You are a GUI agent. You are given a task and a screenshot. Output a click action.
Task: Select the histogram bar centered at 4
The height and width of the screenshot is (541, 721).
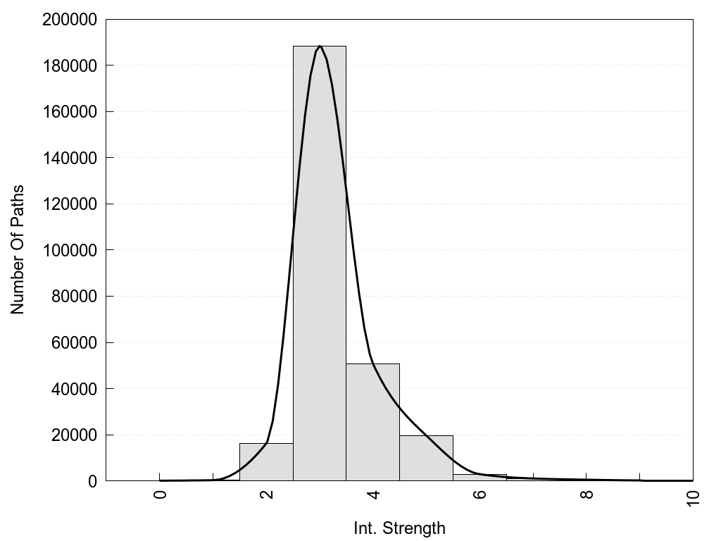click(372, 422)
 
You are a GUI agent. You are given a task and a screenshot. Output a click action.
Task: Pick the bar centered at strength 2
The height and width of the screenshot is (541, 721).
click(266, 462)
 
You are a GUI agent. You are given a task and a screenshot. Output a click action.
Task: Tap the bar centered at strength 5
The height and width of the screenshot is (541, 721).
click(426, 458)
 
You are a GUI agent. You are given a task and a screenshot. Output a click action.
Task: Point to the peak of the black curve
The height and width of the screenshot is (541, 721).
click(320, 46)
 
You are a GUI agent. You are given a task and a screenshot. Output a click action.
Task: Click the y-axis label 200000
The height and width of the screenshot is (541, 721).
click(70, 20)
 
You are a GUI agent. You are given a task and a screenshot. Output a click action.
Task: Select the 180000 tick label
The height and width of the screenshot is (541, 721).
click(70, 66)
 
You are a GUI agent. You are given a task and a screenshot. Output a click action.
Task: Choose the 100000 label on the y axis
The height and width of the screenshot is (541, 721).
click(70, 250)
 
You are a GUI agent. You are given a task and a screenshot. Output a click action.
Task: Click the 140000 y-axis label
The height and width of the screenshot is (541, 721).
click(70, 158)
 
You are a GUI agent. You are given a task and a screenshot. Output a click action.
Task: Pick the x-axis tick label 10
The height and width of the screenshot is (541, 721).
click(693, 497)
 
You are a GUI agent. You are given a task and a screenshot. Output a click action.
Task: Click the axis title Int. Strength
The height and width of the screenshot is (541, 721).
click(399, 528)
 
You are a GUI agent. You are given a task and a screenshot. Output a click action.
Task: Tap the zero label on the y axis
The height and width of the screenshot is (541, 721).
click(92, 481)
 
